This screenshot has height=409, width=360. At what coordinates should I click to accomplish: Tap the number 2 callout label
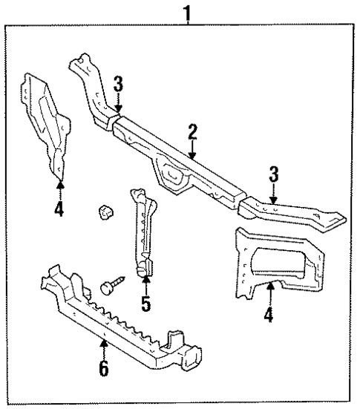[192, 133]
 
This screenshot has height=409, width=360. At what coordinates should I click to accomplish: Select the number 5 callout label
[146, 304]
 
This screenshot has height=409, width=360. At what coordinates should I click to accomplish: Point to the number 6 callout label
[102, 367]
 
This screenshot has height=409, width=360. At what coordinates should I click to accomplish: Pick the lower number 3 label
[275, 175]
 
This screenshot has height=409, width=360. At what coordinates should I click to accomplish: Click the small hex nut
[105, 212]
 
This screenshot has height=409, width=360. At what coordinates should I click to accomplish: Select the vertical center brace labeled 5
[142, 238]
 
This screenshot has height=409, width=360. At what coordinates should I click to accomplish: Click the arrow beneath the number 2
[192, 150]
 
